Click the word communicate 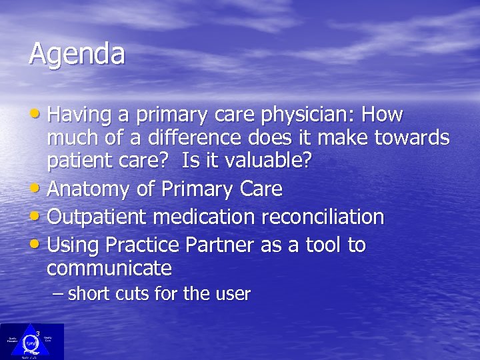[x=109, y=269]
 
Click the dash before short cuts [x=58, y=294]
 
